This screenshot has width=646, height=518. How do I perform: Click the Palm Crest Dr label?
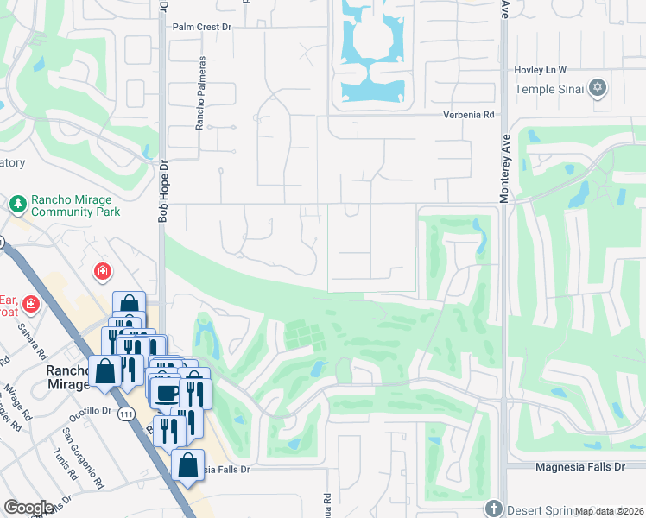coord(203,28)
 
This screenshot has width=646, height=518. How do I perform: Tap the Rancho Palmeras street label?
coord(200,93)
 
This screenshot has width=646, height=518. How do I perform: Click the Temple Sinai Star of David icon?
coord(598,88)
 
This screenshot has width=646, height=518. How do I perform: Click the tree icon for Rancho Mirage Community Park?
coord(17,205)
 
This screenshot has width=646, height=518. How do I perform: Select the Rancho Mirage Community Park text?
coord(75,205)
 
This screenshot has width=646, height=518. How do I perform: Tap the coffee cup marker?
coord(166,393)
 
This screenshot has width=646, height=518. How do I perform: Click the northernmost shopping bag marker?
coord(129,304)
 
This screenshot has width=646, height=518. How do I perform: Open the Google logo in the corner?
coord(28,508)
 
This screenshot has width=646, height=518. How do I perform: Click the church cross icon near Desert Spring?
coord(493,508)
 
